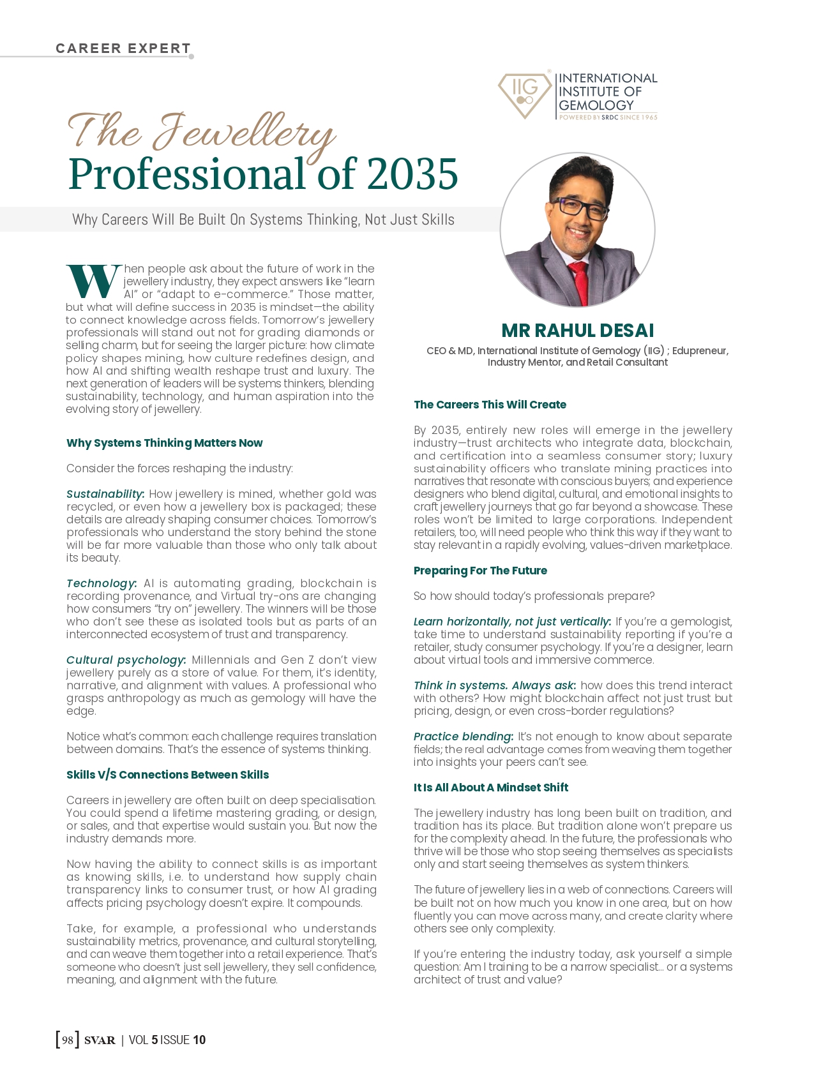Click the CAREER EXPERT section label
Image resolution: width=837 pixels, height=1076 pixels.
(x=123, y=49)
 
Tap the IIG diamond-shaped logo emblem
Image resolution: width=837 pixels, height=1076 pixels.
(x=525, y=94)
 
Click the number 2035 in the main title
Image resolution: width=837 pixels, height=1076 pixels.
(x=412, y=174)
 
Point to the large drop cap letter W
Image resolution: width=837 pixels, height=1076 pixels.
(x=93, y=281)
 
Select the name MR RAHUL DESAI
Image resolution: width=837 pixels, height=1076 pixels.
(x=577, y=331)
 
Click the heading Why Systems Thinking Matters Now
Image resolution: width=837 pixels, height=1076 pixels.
(x=164, y=443)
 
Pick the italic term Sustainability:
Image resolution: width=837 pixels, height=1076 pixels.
(x=105, y=494)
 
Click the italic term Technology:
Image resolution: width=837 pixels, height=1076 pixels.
(x=102, y=583)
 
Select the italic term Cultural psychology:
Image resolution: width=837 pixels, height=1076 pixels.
(x=126, y=660)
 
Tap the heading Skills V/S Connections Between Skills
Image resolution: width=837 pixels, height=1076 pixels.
(x=167, y=775)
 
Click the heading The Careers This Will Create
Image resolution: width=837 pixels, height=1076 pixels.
(x=490, y=405)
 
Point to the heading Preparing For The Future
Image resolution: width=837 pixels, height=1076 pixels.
(x=480, y=571)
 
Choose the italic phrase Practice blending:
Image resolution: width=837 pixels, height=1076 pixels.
(x=463, y=736)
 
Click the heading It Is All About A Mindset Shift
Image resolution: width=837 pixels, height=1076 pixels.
(x=490, y=788)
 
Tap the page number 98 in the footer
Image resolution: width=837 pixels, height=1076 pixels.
(x=68, y=1040)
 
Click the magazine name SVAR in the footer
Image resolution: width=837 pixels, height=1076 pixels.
(x=100, y=1040)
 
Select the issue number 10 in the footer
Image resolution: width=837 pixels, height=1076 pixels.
(x=199, y=1040)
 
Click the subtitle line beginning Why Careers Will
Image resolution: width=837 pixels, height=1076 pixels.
(x=263, y=220)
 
